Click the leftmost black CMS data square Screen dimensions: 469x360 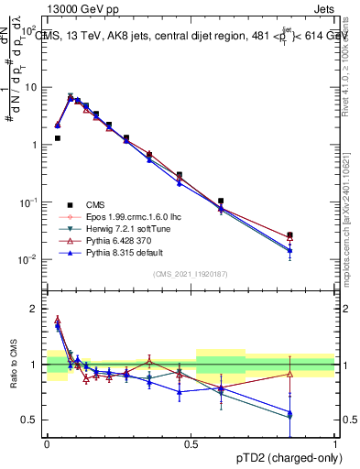(58, 138)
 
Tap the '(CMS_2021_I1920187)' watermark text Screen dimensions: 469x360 (191, 274)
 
